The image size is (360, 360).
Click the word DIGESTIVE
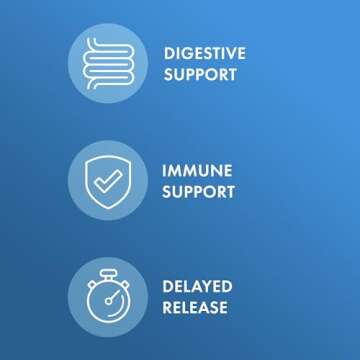(204, 53)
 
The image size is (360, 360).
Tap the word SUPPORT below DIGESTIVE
(200, 75)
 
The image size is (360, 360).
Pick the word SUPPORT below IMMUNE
(200, 192)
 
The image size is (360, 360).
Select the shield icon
(106, 180)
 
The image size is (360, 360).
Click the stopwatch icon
(106, 297)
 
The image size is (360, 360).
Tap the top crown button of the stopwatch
(106, 273)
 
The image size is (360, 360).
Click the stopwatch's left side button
(90, 284)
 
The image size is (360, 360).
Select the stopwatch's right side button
(123, 284)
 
